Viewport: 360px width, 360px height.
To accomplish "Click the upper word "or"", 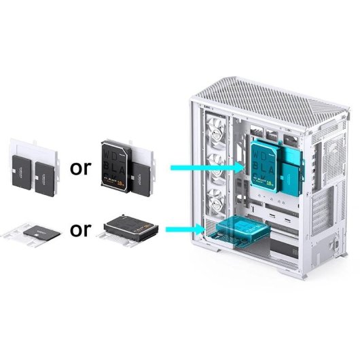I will (x=80, y=167).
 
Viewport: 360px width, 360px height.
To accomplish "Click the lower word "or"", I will (x=80, y=230).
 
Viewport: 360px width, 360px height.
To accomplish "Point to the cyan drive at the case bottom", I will (x=237, y=232).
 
